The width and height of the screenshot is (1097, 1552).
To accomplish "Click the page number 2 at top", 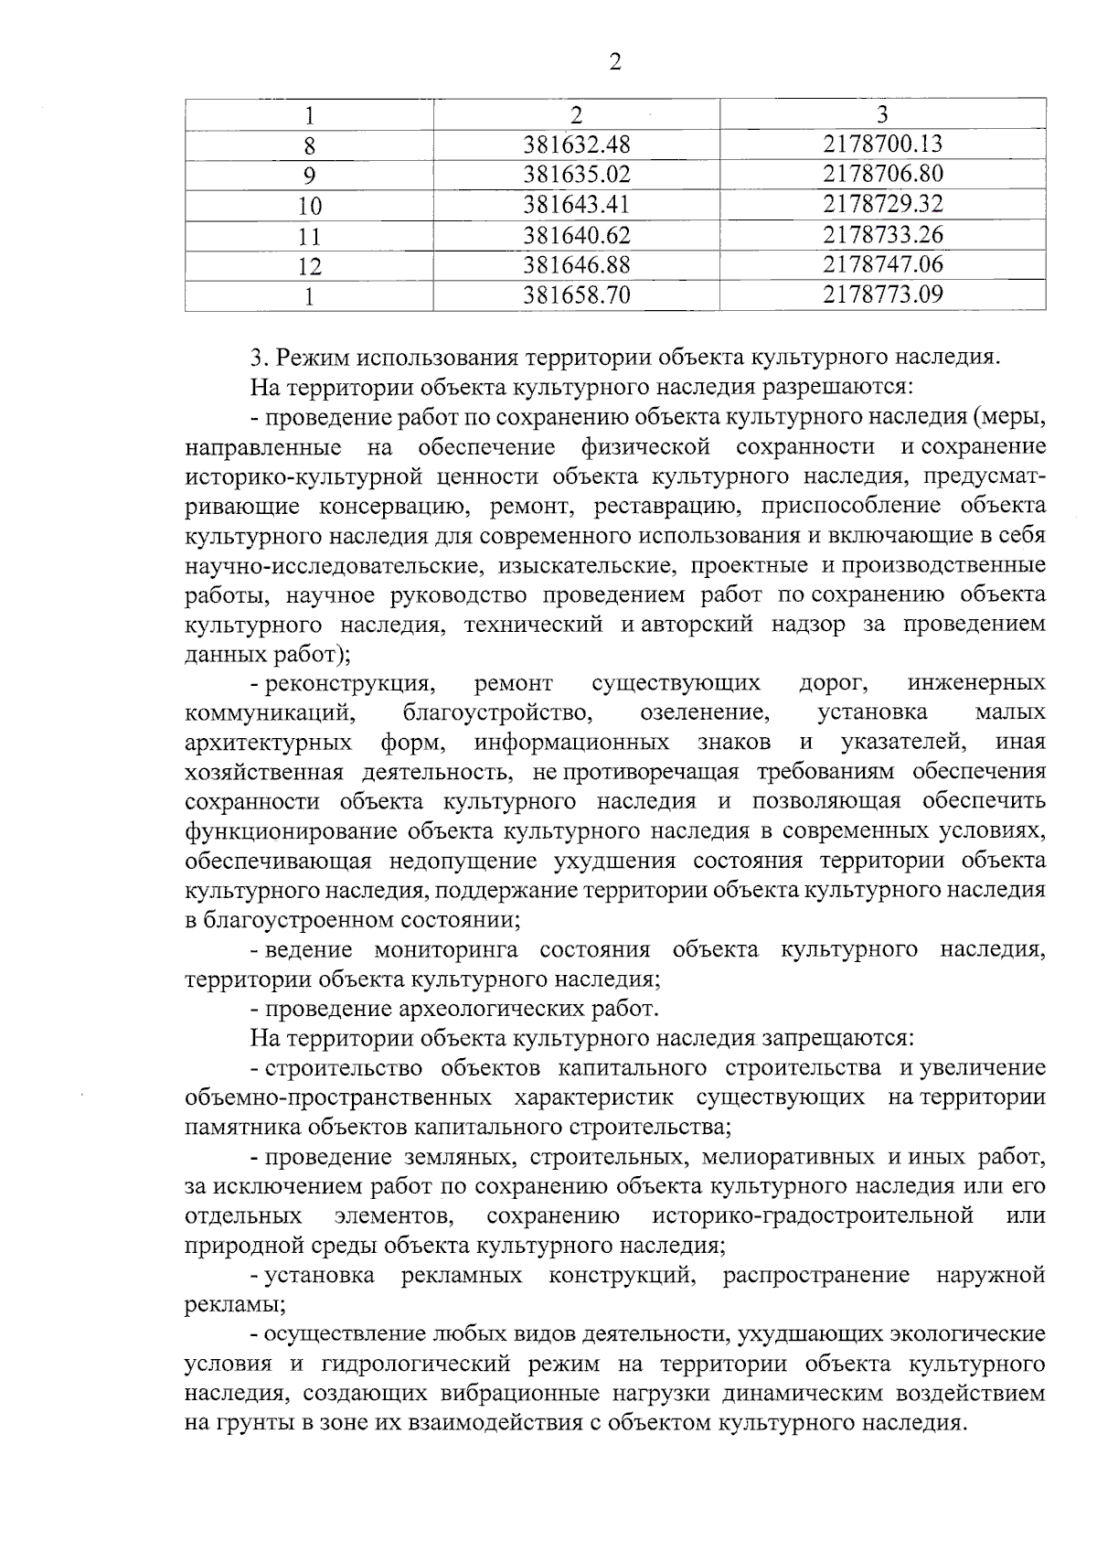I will click(x=614, y=62).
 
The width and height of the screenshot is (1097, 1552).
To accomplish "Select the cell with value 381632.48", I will click(x=577, y=144).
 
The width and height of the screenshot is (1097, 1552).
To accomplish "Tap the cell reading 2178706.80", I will click(x=882, y=174).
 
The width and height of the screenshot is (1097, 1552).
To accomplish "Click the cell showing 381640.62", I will click(x=577, y=235).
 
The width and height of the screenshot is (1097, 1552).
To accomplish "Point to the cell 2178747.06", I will click(x=882, y=264).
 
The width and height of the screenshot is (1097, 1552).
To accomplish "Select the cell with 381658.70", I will click(x=577, y=294).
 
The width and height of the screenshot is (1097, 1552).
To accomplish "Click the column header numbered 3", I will click(x=882, y=113).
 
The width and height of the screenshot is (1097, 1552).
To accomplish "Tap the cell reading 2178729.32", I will click(x=882, y=204).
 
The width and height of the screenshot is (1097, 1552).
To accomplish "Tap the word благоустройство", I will click(x=497, y=712).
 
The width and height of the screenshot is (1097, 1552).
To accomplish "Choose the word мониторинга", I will click(x=446, y=949).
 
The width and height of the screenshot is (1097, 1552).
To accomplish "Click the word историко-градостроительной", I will click(x=812, y=1216).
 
